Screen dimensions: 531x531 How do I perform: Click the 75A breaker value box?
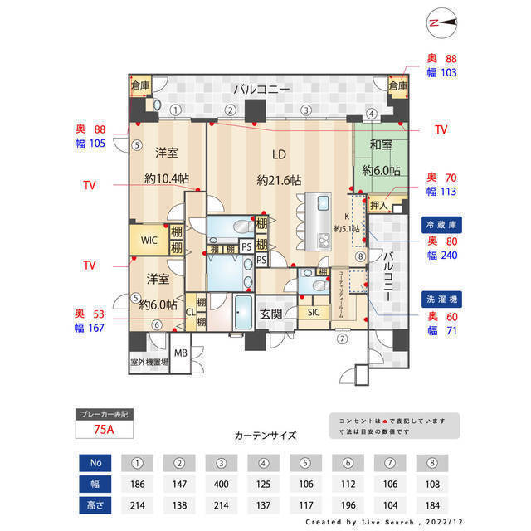click(x=104, y=429)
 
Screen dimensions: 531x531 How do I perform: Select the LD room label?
click(x=279, y=153)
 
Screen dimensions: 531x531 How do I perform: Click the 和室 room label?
click(x=381, y=144)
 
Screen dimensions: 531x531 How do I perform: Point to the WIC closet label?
click(x=149, y=240)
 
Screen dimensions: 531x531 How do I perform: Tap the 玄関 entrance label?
click(x=270, y=313)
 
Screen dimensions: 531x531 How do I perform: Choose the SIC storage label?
click(x=314, y=312)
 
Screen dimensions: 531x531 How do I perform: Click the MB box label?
click(x=181, y=353)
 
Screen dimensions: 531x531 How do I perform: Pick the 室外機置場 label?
click(x=149, y=363)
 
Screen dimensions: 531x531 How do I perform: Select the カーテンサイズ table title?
click(x=265, y=435)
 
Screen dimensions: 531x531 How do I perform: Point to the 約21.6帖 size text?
click(x=279, y=180)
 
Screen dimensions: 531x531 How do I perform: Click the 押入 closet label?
click(x=379, y=205)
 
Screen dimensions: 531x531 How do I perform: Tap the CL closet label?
click(x=190, y=312)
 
